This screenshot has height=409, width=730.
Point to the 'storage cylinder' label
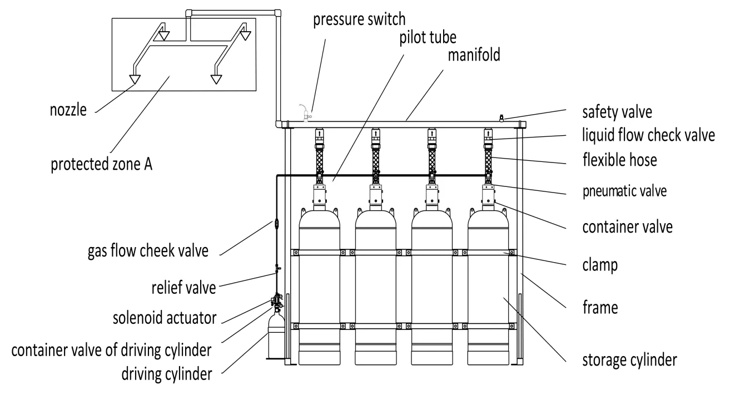click(x=629, y=359)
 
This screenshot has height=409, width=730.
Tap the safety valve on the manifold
click(x=500, y=117)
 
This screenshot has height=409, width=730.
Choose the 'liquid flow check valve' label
click(x=648, y=136)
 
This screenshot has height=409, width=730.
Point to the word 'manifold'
click(x=472, y=55)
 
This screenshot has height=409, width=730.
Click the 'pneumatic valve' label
click(x=624, y=191)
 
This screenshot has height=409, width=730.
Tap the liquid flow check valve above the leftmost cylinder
click(x=320, y=135)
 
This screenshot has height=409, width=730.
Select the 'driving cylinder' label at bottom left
click(x=167, y=373)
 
